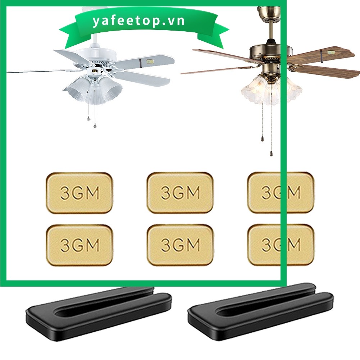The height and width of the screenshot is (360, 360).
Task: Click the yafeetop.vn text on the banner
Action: [138, 21]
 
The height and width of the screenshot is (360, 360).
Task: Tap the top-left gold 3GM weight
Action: [79, 193]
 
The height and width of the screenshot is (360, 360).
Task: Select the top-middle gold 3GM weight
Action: [180, 193]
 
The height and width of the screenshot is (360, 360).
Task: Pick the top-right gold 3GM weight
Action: [281, 192]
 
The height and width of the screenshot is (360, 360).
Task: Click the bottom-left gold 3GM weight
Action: [79, 245]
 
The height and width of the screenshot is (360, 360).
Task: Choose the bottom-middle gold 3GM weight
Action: [180, 245]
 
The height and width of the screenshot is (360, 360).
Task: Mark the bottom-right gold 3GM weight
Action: [281, 245]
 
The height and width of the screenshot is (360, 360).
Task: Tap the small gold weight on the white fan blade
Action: [150, 61]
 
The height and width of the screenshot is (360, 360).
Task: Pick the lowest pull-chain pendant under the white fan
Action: [95, 126]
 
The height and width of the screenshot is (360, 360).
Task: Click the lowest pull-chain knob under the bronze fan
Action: [271, 153]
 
